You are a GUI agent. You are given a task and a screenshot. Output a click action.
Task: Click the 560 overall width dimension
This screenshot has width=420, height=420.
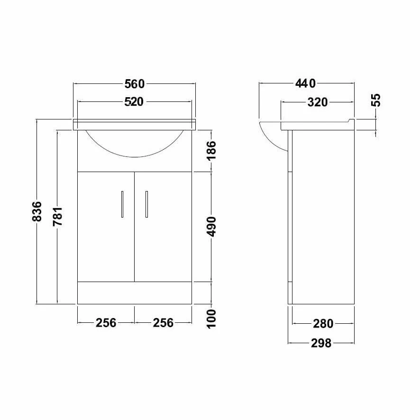(134, 84)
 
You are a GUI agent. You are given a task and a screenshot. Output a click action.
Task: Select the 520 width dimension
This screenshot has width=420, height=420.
(134, 102)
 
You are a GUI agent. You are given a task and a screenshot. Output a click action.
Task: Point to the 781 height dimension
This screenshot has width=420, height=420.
(58, 216)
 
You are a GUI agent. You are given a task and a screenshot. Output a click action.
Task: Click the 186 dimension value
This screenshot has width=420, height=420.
(211, 150)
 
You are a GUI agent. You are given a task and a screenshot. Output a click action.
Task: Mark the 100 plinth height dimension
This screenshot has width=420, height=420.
(211, 318)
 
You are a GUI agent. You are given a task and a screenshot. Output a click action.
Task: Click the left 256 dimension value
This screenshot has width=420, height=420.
(106, 323)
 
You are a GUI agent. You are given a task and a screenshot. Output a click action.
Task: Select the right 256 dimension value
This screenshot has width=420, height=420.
(163, 323)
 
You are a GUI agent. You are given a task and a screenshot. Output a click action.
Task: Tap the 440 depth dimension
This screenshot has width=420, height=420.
(306, 84)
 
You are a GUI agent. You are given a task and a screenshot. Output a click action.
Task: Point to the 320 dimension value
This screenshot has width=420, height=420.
(317, 102)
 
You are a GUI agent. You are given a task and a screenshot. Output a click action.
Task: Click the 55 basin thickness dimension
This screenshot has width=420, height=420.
(375, 100)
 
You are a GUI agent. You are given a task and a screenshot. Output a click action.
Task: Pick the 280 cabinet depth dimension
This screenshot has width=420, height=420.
(323, 324)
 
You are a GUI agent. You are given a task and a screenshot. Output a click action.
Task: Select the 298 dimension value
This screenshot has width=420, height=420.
(321, 343)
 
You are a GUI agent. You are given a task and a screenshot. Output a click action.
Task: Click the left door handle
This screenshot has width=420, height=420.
(122, 204)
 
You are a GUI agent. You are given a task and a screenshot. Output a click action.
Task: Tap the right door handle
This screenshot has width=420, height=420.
(146, 204)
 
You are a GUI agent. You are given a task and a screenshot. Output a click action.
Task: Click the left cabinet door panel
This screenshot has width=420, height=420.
(106, 237)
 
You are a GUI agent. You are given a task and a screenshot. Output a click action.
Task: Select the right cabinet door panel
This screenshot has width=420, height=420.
(164, 237)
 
